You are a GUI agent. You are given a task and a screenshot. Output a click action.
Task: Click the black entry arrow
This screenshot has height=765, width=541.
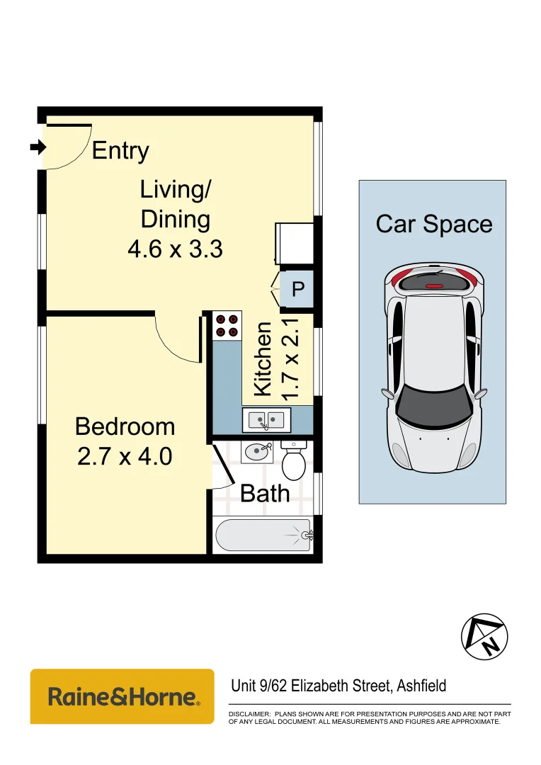38,147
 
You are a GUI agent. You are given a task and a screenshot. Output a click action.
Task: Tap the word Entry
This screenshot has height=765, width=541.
120,151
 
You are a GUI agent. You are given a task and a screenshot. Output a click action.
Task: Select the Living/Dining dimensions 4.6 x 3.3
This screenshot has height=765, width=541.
175,249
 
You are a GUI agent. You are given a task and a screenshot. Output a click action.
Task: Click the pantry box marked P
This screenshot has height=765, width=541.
297,289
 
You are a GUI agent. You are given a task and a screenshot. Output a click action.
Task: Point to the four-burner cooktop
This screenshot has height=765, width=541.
227,325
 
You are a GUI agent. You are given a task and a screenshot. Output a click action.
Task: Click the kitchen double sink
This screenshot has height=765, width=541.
266,420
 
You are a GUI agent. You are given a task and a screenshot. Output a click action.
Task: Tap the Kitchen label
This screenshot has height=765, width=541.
263,359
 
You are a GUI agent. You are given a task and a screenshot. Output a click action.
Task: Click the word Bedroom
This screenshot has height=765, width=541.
125,426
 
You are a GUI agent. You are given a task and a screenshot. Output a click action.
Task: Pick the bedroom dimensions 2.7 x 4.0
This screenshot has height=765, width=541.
125,457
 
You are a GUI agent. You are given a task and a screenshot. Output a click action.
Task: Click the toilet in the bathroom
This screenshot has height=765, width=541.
294,460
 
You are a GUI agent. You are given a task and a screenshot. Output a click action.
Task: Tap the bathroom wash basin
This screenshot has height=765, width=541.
257,452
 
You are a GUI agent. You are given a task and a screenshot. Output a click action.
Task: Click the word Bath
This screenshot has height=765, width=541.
265,493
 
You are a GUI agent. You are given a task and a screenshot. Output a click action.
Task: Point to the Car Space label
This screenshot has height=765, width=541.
433,225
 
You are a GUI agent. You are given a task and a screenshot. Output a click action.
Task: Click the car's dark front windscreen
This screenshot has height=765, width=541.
433,405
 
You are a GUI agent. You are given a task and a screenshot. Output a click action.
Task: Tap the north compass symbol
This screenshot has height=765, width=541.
484,637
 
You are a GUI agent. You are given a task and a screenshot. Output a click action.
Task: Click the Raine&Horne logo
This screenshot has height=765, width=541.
123,696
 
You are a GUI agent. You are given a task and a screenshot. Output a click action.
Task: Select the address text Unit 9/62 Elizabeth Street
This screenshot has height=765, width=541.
312,686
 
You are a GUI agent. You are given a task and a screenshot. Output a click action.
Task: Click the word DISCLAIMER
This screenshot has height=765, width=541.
249,714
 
